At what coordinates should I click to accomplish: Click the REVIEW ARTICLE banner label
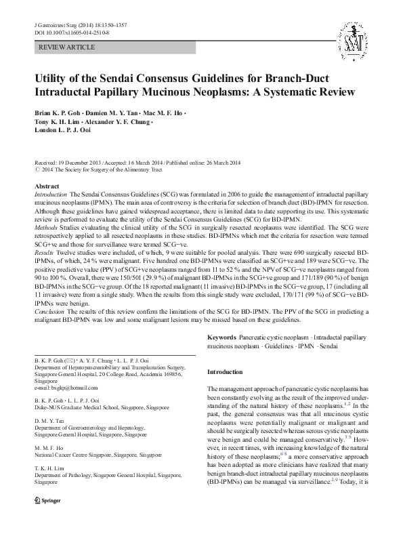68,47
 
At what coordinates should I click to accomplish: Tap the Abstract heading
47,186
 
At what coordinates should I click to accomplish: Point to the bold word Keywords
222,337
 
